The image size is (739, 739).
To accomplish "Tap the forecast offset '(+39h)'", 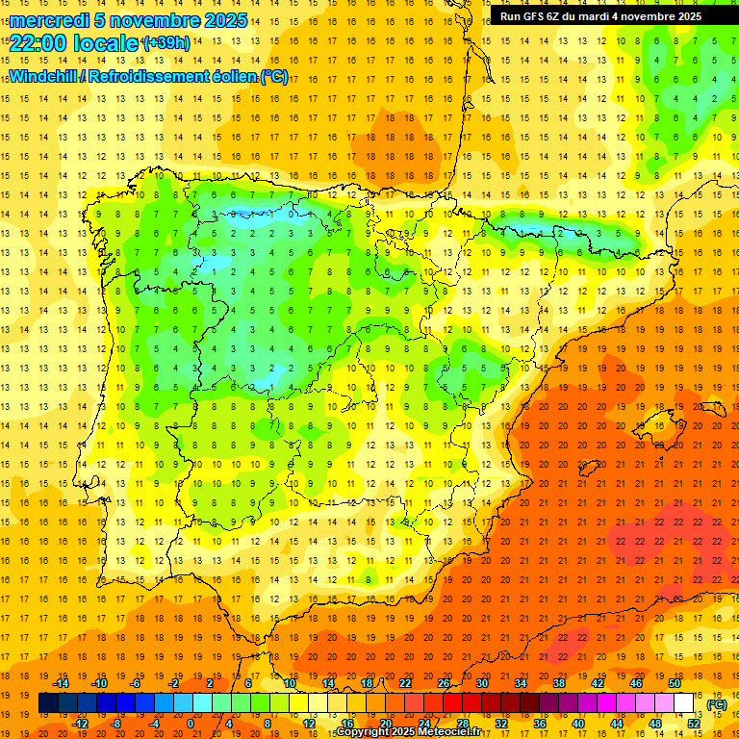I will [166, 43].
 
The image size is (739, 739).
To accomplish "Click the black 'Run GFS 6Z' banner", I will [600, 16].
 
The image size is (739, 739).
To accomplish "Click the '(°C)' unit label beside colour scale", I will [717, 704].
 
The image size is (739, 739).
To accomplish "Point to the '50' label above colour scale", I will [675, 683].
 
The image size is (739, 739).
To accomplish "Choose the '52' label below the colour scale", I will [694, 724].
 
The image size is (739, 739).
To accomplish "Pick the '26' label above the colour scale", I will [444, 683].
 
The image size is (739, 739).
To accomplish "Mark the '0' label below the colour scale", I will [191, 724].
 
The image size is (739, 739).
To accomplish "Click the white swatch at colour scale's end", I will [684, 703].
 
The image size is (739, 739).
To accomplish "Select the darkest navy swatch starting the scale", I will [48, 703].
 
